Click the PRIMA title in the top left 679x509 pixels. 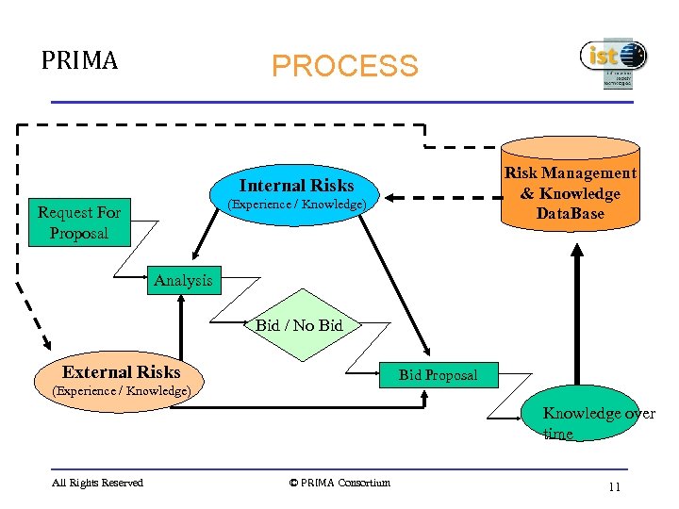[x=79, y=61]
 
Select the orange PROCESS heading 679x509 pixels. [x=344, y=66]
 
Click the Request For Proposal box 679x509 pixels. [x=79, y=223]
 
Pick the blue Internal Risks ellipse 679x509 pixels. [x=296, y=193]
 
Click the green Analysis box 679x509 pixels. [x=183, y=280]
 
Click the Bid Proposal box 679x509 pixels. [x=438, y=374]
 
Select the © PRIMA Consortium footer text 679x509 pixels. [x=339, y=483]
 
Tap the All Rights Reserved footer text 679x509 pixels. [x=98, y=483]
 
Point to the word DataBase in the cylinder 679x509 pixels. [x=571, y=213]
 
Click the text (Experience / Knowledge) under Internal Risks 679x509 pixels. [x=296, y=205]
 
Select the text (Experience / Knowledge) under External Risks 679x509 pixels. [x=121, y=390]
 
